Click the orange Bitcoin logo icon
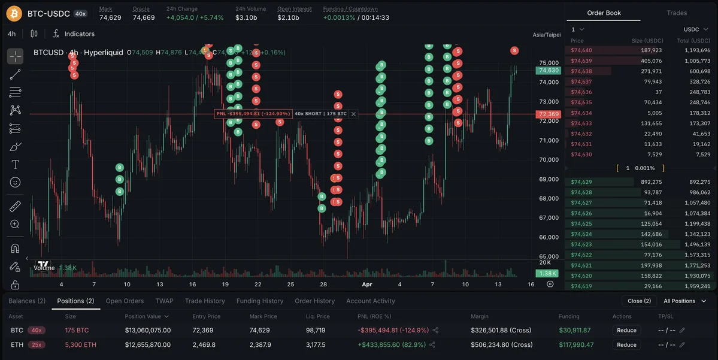coord(14,13)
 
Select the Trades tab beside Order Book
coord(677,13)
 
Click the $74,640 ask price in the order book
coord(581,50)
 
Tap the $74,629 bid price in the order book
coord(581,182)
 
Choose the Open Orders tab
coord(125,301)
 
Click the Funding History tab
coord(259,301)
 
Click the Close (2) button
coord(639,301)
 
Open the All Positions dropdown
coord(683,301)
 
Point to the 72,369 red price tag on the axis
coord(549,114)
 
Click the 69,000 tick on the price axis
coord(549,179)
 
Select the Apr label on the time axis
coord(367,284)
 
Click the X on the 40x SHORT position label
coord(353,114)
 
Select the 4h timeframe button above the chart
coord(12,34)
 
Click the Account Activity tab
coord(370,301)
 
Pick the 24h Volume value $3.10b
coord(246,17)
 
